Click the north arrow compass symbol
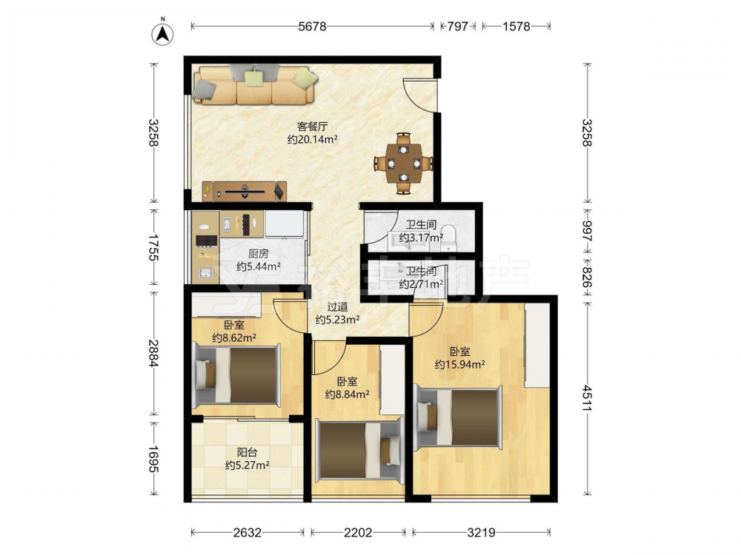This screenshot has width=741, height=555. click(162, 33)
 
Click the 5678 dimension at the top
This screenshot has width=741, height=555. click(313, 27)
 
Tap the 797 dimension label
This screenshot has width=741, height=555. click(457, 27)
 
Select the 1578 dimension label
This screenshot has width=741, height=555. click(516, 27)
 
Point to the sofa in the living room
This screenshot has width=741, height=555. click(255, 84)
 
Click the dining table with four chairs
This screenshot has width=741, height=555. click(404, 164)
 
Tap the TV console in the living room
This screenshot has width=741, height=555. click(245, 191)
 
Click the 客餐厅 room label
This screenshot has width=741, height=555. click(313, 127)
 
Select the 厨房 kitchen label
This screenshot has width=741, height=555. click(258, 254)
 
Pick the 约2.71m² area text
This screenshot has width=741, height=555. click(421, 284)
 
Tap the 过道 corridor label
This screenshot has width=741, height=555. click(337, 307)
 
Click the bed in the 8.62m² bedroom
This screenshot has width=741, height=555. click(236, 374)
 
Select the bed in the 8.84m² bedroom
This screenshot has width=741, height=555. click(360, 450)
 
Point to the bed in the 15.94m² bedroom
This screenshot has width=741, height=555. click(457, 417)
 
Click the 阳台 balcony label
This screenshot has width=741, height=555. click(247, 453)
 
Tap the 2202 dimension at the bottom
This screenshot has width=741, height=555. click(358, 533)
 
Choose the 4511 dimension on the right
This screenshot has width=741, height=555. click(587, 398)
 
